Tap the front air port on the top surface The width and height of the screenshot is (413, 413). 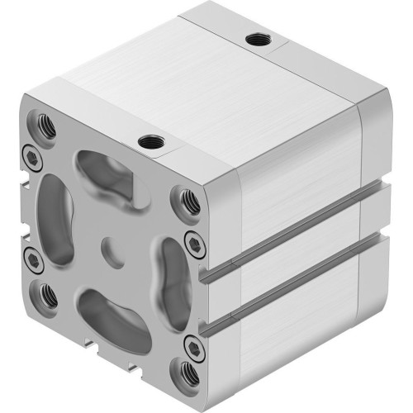[150, 142]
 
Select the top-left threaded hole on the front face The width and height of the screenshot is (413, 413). [45, 126]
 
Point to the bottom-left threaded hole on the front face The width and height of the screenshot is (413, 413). [47, 292]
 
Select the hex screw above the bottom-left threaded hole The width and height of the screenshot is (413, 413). [33, 260]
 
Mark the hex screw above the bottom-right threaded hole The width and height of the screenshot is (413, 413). [193, 342]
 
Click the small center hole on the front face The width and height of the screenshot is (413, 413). [110, 246]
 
